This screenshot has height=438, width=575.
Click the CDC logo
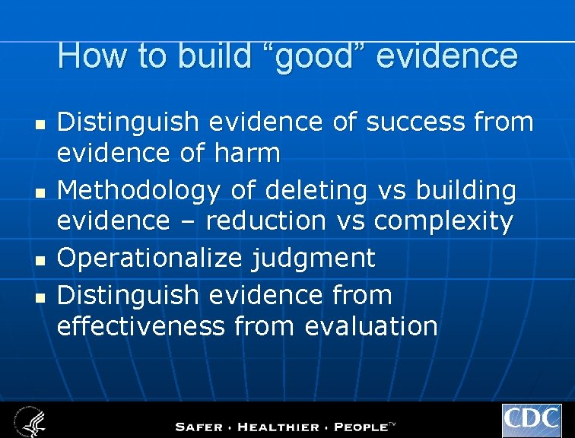pos(532,421)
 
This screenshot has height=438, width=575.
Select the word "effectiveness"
pos(141,326)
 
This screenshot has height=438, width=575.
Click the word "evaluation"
pos(370,326)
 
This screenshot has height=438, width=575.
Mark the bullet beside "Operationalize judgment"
pos(43,259)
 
